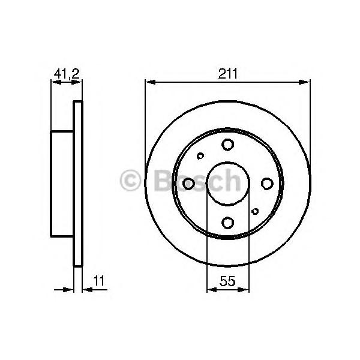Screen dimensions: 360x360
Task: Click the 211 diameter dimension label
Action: (227, 74)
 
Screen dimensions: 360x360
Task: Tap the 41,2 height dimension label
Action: (67, 74)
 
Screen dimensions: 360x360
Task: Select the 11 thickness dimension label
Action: (99, 281)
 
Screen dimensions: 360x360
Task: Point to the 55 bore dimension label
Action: (227, 281)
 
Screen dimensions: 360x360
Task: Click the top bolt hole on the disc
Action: (227, 145)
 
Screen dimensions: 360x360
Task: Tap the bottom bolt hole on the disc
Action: (228, 223)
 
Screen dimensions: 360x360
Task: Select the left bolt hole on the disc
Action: (188, 184)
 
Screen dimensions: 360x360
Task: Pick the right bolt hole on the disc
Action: (267, 184)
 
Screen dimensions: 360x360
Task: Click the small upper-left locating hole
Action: (200, 156)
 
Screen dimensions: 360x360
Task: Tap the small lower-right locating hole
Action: (255, 211)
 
